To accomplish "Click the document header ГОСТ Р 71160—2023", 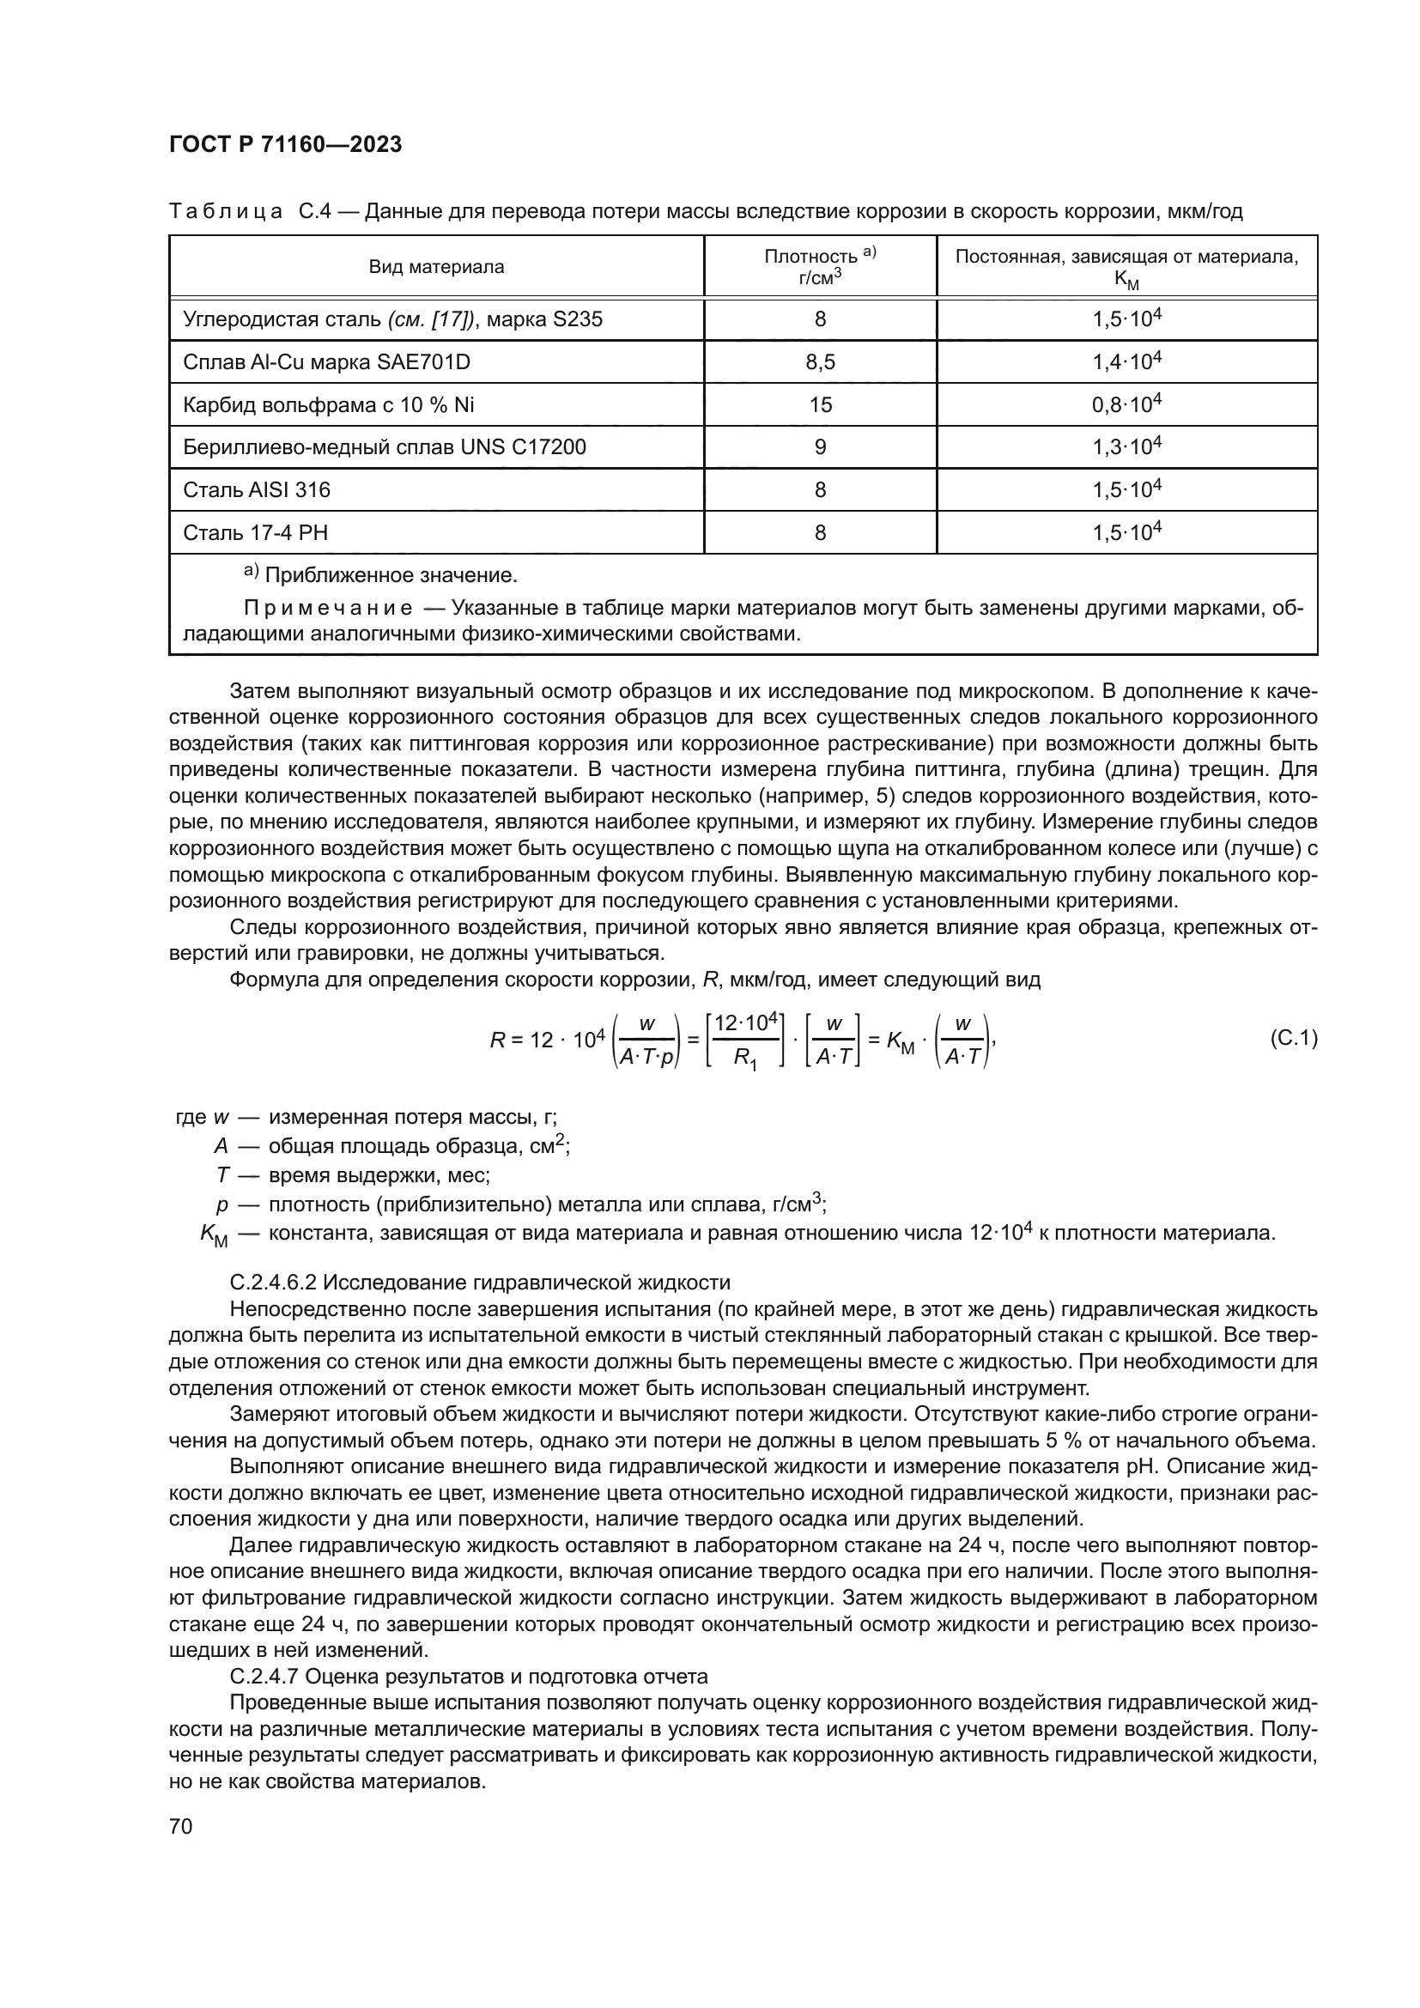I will [x=285, y=144].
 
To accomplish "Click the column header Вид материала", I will [x=436, y=267].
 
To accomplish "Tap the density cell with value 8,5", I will [x=819, y=362].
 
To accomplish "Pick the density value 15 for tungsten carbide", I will [x=820, y=405].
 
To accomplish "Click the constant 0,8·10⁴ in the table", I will [x=1126, y=404].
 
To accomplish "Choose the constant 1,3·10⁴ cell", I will [x=1126, y=447].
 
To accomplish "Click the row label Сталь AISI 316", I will [x=257, y=489].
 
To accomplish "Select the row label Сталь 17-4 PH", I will [x=255, y=532].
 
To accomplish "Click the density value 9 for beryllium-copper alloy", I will [x=819, y=447].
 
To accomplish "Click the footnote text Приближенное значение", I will [x=391, y=575].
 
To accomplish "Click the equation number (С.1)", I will [x=1292, y=1038].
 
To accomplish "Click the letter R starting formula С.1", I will [x=496, y=1040].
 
